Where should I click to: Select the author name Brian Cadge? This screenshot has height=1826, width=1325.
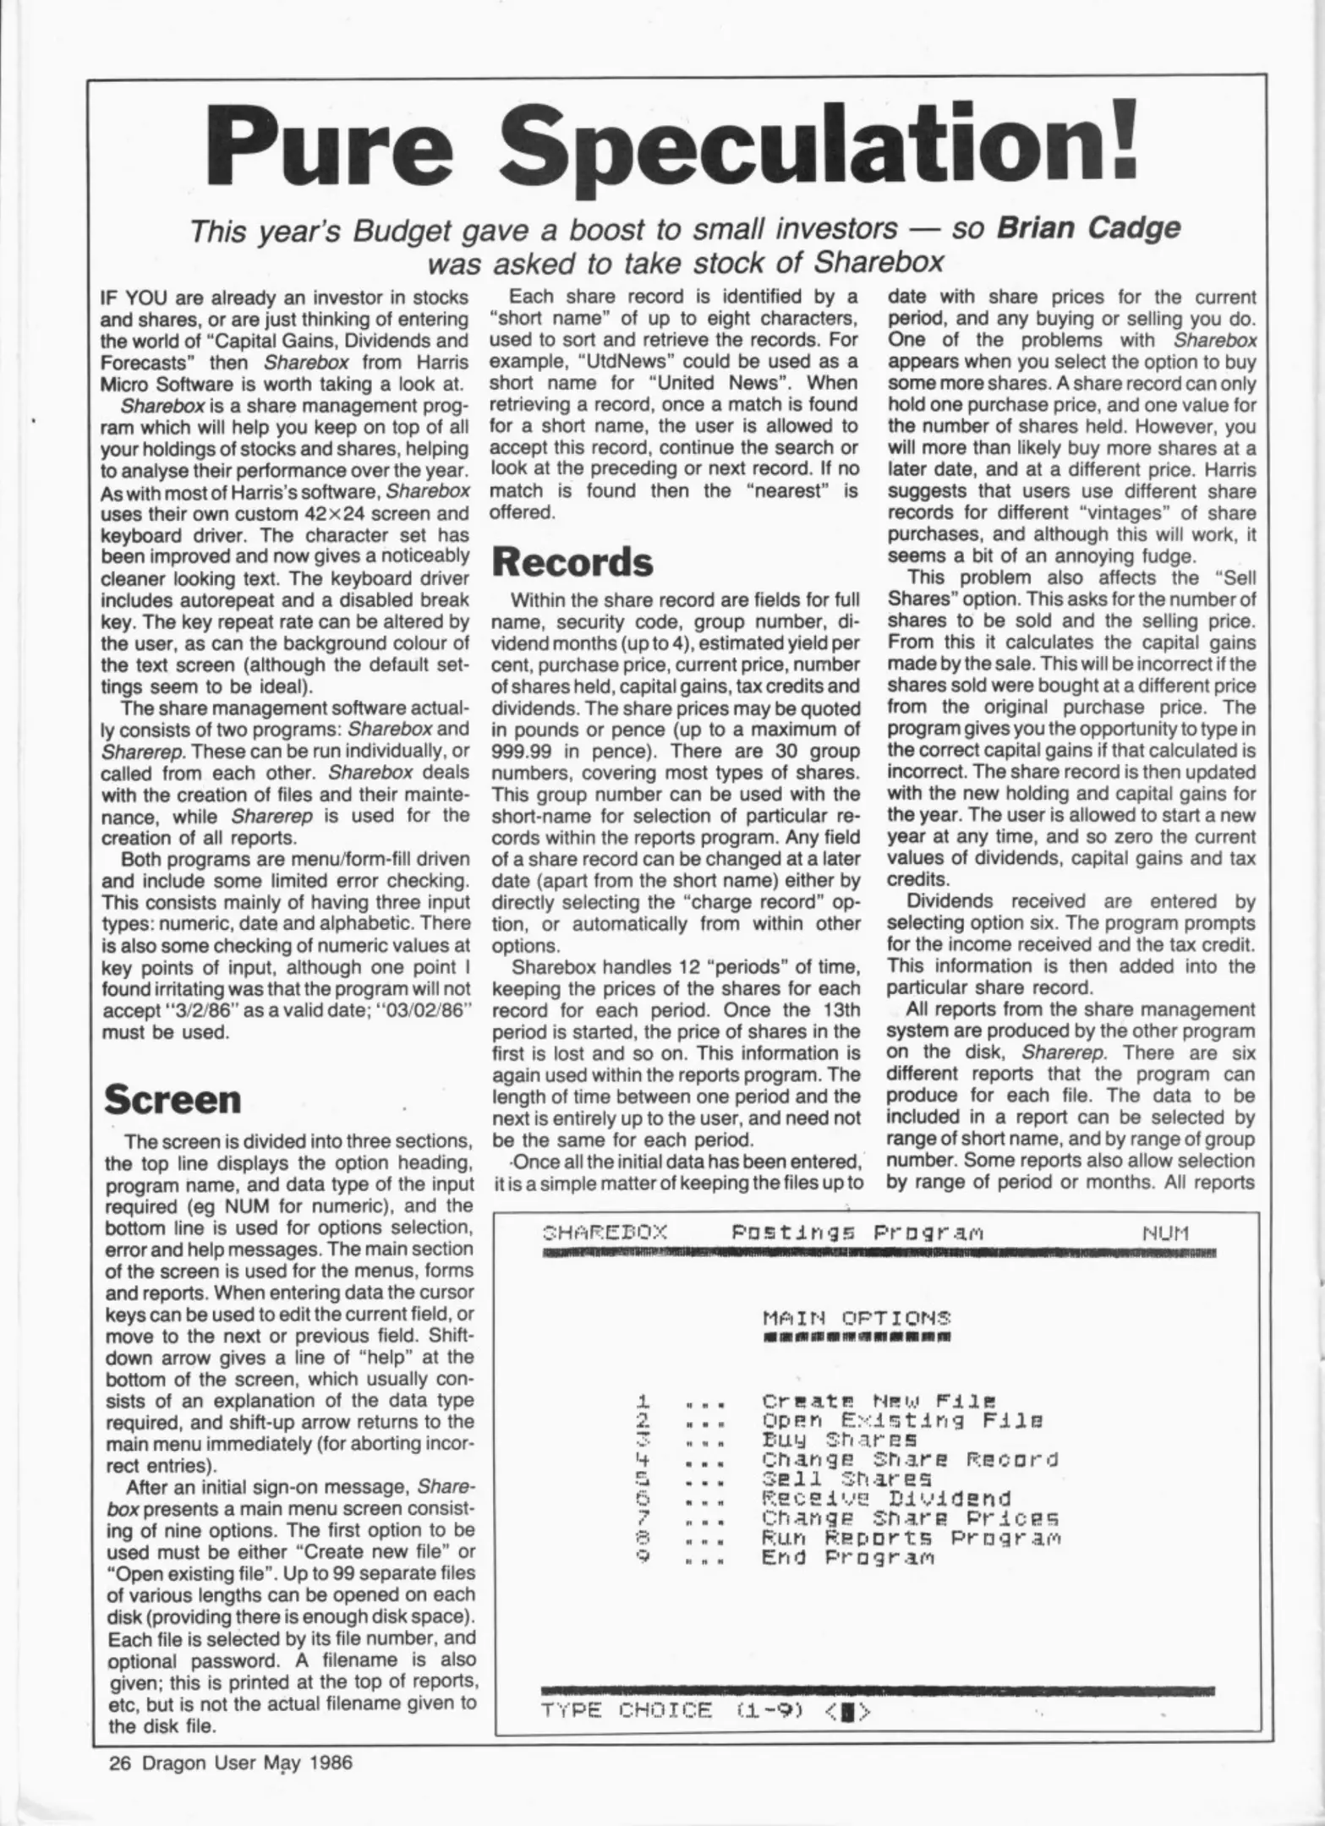(x=1089, y=228)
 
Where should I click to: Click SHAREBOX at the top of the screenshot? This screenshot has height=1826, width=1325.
(x=604, y=1233)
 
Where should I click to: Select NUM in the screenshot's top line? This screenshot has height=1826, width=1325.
(x=1165, y=1233)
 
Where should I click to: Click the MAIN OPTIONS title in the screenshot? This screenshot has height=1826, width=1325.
(x=856, y=1317)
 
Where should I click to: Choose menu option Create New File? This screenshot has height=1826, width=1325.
(x=879, y=1401)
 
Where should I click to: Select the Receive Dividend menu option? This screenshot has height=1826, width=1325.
(x=886, y=1498)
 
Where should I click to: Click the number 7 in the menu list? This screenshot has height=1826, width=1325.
(x=641, y=1517)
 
